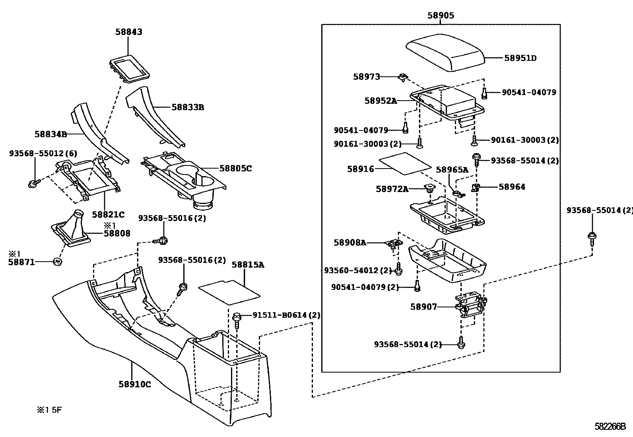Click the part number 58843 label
pyautogui.click(x=128, y=32)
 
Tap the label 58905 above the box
pyautogui.click(x=441, y=16)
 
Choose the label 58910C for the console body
pyautogui.click(x=134, y=384)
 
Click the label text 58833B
pyautogui.click(x=188, y=107)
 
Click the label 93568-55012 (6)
pyautogui.click(x=43, y=153)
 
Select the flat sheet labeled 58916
pyautogui.click(x=405, y=163)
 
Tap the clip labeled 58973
pyautogui.click(x=403, y=77)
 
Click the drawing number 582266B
pyautogui.click(x=610, y=426)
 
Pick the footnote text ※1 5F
pyautogui.click(x=50, y=410)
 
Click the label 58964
pyautogui.click(x=511, y=187)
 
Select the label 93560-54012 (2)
pyautogui.click(x=358, y=270)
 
